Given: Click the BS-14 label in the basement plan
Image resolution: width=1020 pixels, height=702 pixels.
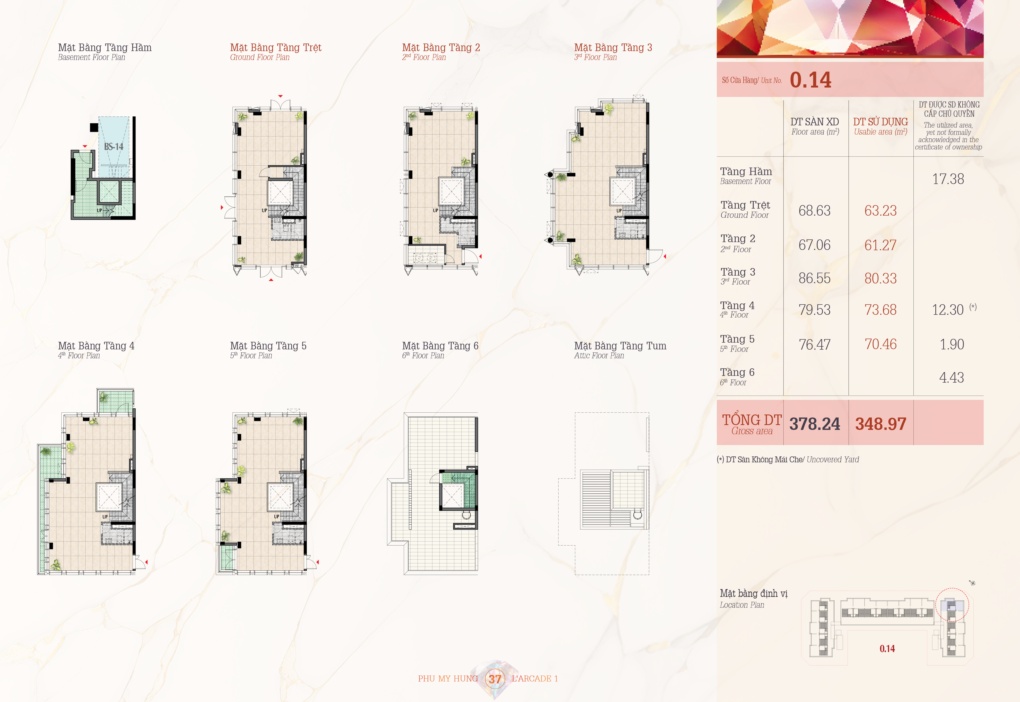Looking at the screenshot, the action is [x=113, y=147].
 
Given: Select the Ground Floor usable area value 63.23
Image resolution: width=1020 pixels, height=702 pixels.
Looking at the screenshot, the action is [x=880, y=211].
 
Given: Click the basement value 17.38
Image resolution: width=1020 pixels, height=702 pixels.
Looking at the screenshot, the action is [x=948, y=179].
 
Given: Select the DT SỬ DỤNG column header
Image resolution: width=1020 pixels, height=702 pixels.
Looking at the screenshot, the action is [x=880, y=122].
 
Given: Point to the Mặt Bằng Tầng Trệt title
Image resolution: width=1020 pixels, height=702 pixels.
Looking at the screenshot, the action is [x=276, y=48].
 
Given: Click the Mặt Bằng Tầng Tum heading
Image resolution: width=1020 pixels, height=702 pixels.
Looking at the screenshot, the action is [x=620, y=346].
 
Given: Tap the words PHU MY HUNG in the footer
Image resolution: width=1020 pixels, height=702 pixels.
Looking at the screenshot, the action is [x=448, y=679].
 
